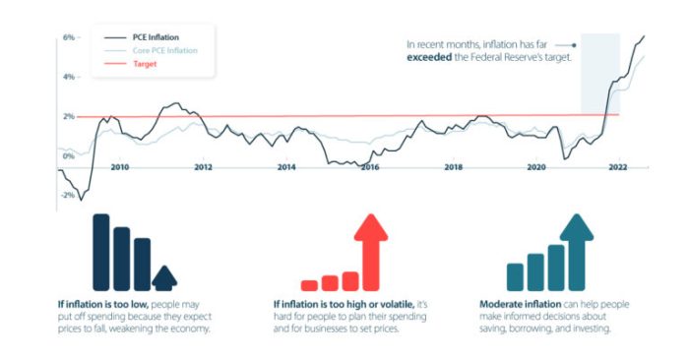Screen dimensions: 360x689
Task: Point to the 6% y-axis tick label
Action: (69, 36)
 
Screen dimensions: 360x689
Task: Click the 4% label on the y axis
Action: (69, 77)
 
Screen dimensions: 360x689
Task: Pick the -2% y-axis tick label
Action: (68, 195)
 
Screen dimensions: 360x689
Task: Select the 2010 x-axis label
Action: (119, 167)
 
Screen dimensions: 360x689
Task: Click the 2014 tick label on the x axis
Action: (286, 167)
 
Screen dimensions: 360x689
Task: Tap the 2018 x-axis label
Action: (453, 167)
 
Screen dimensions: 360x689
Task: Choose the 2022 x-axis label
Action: (618, 167)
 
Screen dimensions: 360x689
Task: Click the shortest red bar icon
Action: (309, 285)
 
